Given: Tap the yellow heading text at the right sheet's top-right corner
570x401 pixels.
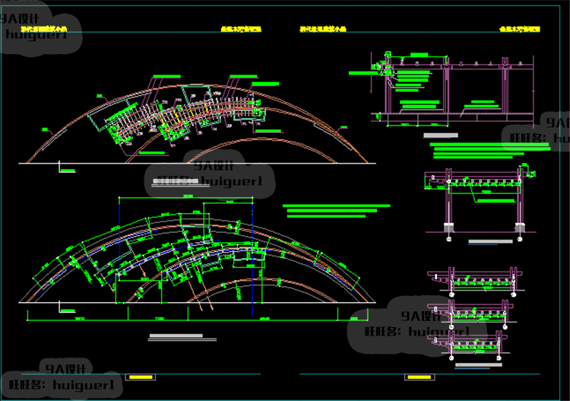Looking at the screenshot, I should (519, 28).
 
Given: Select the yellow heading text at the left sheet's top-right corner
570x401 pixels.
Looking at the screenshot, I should (241, 29).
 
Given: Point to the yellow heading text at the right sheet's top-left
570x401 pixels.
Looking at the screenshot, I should (323, 29).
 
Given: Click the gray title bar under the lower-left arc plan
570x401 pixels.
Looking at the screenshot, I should (176, 336).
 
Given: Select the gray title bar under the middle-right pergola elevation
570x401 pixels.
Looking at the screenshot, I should (489, 242).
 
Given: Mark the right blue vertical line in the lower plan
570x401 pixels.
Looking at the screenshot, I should (252, 251).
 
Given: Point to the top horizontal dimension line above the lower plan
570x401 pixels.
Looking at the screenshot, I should (193, 196).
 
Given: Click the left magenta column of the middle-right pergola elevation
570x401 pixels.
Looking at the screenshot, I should (448, 204).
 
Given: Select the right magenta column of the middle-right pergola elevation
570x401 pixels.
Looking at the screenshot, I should (519, 204).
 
